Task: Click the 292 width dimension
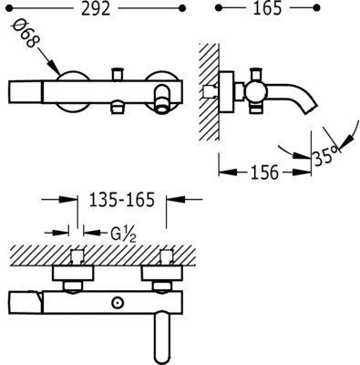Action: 96,9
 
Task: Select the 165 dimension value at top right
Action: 268,9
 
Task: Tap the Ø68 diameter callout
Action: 26,34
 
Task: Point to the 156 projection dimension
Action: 264,172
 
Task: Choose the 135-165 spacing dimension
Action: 122,200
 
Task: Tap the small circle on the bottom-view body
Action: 117,303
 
